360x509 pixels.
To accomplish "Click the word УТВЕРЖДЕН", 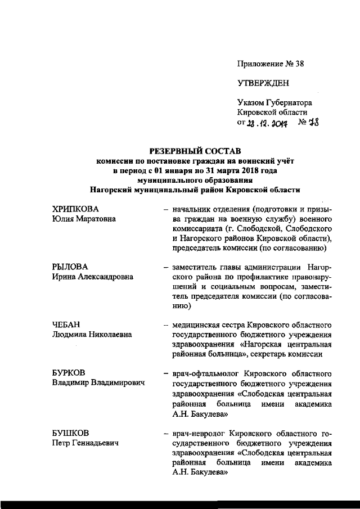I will [263, 83].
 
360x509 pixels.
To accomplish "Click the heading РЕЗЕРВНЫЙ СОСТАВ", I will [194, 151].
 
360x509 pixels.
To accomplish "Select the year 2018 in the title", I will [238, 170].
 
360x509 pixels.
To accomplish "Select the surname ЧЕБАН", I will [62, 325].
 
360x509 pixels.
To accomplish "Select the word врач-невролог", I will [195, 434].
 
